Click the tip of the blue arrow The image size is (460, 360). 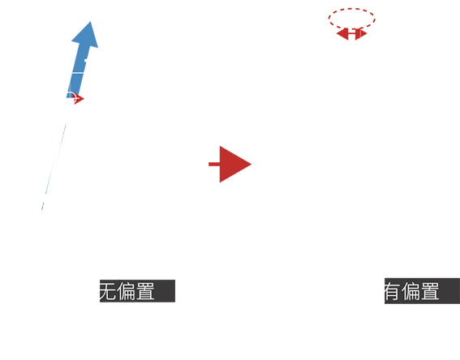pyautogui.click(x=90, y=22)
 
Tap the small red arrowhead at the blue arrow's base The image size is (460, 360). pyautogui.click(x=79, y=99)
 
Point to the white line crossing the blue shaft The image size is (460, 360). pyautogui.click(x=77, y=72)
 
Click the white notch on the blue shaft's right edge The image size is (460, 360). pyautogui.click(x=86, y=61)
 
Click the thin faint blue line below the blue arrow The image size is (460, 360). pyautogui.click(x=54, y=166)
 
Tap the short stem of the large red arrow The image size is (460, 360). pyautogui.click(x=214, y=164)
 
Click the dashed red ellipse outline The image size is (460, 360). pyautogui.click(x=352, y=8)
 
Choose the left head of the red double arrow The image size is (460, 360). pyautogui.click(x=342, y=34)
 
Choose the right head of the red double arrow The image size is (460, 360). pyautogui.click(x=361, y=34)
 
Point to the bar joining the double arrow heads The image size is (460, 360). pyautogui.click(x=352, y=34)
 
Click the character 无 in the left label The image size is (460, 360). pyautogui.click(x=108, y=291)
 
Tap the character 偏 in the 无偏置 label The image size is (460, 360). pyautogui.click(x=126, y=291)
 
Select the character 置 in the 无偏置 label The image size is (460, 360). pyautogui.click(x=145, y=291)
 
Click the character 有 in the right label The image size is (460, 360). pyautogui.click(x=392, y=291)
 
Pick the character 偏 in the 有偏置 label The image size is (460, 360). pyautogui.click(x=411, y=291)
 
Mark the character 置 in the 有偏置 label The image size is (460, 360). pyautogui.click(x=430, y=291)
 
